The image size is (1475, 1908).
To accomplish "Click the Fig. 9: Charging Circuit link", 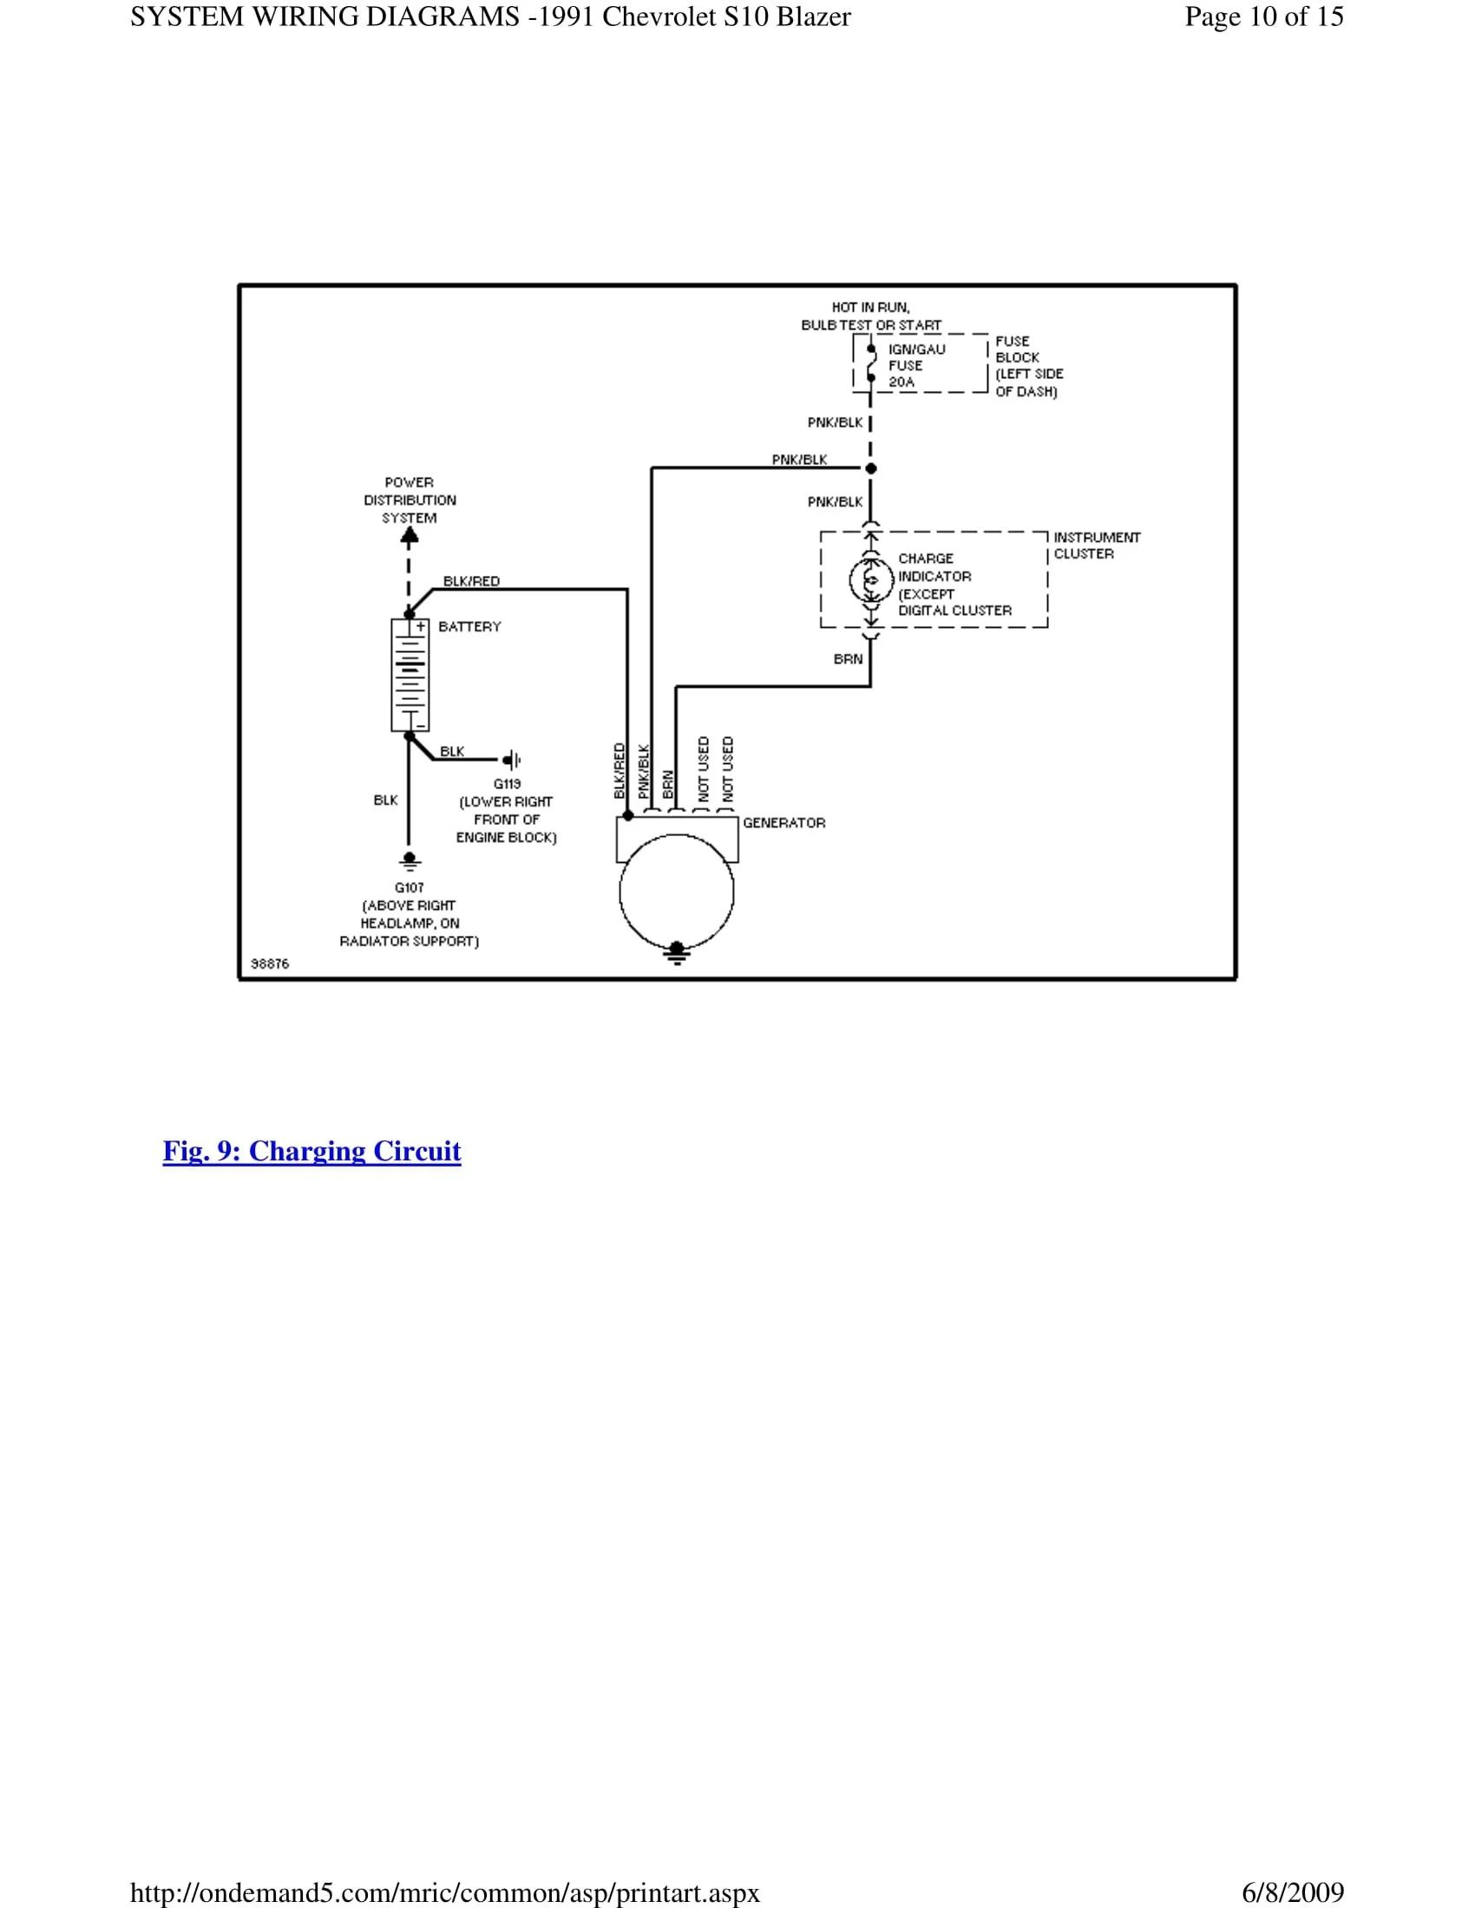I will click(311, 1151).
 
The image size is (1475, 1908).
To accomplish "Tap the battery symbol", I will click(409, 675).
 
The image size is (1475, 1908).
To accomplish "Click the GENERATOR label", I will click(783, 823).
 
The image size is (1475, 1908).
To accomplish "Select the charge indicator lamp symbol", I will click(871, 580).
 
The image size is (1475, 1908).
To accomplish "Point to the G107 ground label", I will click(409, 887).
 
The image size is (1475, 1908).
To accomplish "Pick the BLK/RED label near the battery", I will click(471, 581).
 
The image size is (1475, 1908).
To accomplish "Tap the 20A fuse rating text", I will click(901, 382).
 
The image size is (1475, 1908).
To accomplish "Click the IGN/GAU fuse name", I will click(916, 350).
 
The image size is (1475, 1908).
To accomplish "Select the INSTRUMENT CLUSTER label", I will click(1096, 546).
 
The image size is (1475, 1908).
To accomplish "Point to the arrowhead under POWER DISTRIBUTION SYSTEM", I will click(409, 539).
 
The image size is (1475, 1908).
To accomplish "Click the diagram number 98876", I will click(269, 964).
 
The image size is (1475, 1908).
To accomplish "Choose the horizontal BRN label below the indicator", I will click(848, 659).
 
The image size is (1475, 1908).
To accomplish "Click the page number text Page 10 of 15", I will click(1263, 16).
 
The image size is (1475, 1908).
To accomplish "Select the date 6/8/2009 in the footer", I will click(1293, 1892).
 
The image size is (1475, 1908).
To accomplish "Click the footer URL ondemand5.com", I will click(445, 1892).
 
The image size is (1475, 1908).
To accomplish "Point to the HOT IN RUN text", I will click(870, 308).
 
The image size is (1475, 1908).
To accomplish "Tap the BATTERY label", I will click(469, 626).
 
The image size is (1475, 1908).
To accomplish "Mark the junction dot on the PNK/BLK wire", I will click(871, 468).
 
